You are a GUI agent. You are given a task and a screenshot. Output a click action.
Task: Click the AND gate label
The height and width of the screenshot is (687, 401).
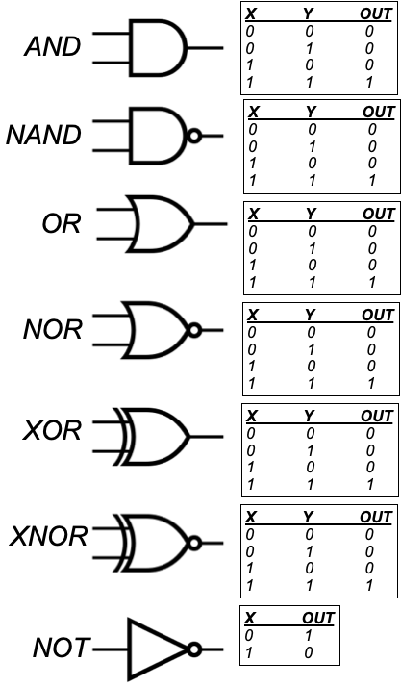coord(53,46)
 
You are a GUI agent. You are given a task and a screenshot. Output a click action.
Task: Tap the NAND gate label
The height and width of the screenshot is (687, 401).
coord(43,135)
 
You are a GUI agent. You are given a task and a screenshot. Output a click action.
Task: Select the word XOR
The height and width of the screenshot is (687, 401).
coord(52,431)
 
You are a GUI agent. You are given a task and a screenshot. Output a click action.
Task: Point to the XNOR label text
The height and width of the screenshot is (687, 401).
coord(48,536)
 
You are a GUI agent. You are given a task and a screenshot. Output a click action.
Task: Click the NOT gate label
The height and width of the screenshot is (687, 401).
coord(62,648)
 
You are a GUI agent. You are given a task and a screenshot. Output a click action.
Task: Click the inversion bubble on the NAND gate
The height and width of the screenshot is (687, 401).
coord(195,136)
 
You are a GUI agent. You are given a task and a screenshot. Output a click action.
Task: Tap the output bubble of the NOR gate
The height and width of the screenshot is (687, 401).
coord(195,330)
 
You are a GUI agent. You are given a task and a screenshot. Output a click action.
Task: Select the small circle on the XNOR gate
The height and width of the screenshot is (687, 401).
coord(195,544)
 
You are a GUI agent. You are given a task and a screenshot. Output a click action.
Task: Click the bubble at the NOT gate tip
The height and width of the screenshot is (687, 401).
coord(195,649)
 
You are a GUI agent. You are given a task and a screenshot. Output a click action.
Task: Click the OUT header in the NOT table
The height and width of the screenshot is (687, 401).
coord(318,618)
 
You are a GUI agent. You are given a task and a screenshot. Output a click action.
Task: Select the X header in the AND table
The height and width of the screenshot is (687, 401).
coord(250,14)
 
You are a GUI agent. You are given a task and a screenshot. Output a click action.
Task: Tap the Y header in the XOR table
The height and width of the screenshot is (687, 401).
coord(309,416)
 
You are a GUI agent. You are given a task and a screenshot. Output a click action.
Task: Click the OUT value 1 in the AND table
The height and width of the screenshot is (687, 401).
coord(369,82)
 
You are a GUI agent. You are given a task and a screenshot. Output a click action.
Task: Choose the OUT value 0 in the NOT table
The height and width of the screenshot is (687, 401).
coord(309,652)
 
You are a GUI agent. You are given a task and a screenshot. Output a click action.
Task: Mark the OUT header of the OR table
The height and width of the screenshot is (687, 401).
coord(379,214)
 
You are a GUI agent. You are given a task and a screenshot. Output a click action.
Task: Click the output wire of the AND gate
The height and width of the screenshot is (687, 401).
coord(206,48)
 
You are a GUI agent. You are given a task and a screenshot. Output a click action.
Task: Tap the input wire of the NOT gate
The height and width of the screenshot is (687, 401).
coord(111,649)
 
